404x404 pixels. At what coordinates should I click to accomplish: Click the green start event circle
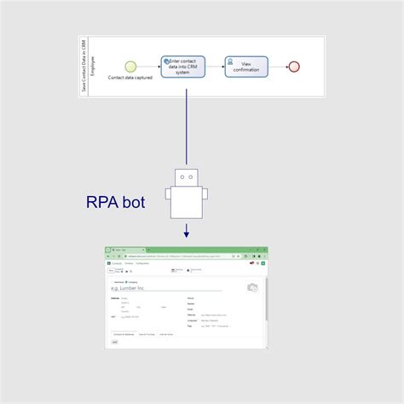pyautogui.click(x=131, y=66)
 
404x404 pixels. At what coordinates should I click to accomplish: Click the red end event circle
pyautogui.click(x=294, y=66)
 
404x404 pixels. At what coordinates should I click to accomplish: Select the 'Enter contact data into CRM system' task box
pyautogui.click(x=183, y=66)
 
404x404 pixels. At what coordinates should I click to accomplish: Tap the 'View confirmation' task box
pyautogui.click(x=246, y=66)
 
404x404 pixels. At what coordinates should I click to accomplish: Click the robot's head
pyautogui.click(x=186, y=176)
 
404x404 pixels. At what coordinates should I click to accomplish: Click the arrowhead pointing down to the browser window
pyautogui.click(x=186, y=234)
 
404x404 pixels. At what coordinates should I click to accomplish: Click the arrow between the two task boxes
pyautogui.click(x=215, y=66)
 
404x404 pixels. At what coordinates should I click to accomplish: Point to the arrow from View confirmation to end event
pyautogui.click(x=278, y=66)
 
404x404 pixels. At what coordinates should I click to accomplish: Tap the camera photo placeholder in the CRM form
pyautogui.click(x=252, y=288)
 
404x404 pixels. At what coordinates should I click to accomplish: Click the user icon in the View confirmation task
pyautogui.click(x=231, y=61)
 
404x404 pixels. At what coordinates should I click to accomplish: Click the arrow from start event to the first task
pyautogui.click(x=148, y=66)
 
